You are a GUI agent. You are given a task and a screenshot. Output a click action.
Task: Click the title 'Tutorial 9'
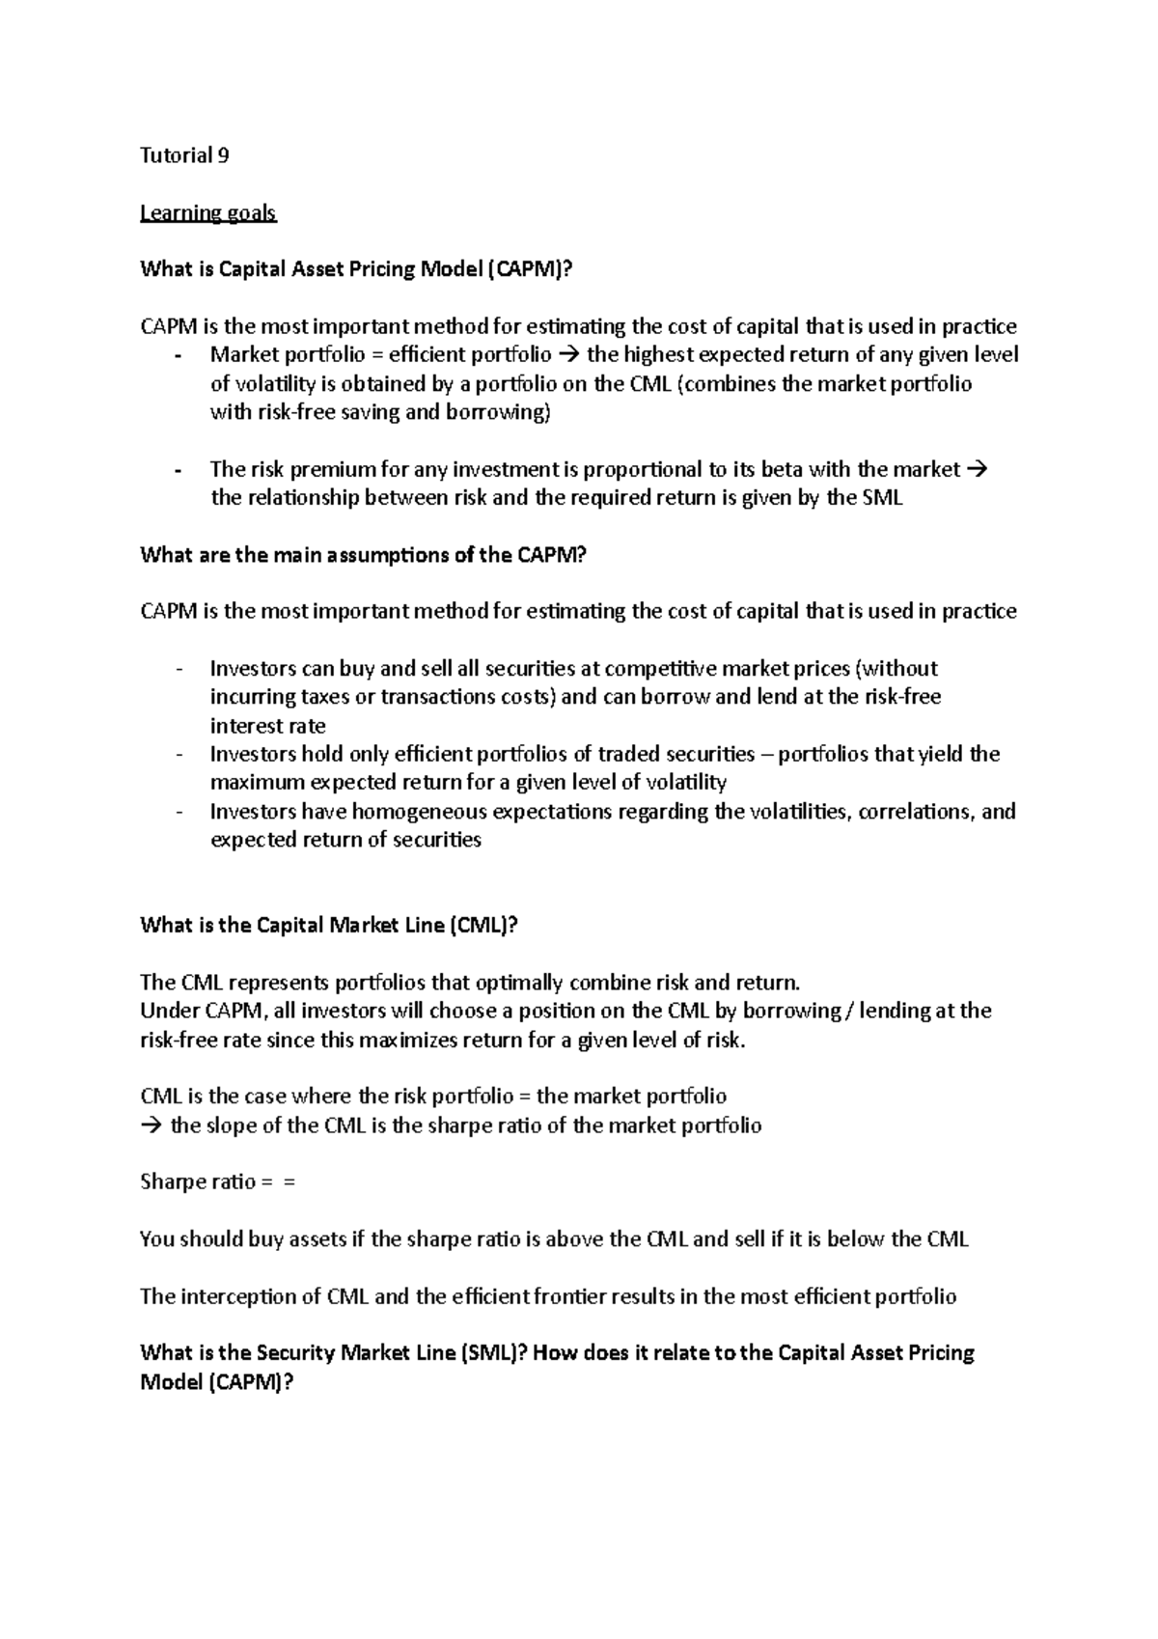pyautogui.click(x=184, y=155)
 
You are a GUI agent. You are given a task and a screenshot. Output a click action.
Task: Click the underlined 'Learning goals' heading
pyautogui.click(x=207, y=212)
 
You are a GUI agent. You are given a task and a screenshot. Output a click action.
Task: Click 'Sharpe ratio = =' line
pyautogui.click(x=217, y=1182)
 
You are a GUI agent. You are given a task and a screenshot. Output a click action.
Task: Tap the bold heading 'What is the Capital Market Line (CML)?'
pyautogui.click(x=329, y=926)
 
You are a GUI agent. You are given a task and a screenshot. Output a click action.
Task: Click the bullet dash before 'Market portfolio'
pyautogui.click(x=179, y=356)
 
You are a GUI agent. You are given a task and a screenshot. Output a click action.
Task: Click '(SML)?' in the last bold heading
pyautogui.click(x=490, y=1353)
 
